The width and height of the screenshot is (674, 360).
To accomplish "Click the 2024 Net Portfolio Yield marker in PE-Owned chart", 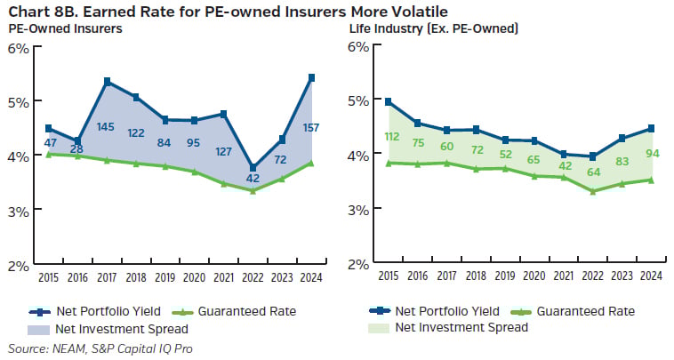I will (309, 77).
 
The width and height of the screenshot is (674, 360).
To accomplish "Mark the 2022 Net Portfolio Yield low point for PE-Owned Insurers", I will (253, 167).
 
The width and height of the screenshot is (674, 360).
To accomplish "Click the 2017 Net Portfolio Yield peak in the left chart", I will (108, 82).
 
